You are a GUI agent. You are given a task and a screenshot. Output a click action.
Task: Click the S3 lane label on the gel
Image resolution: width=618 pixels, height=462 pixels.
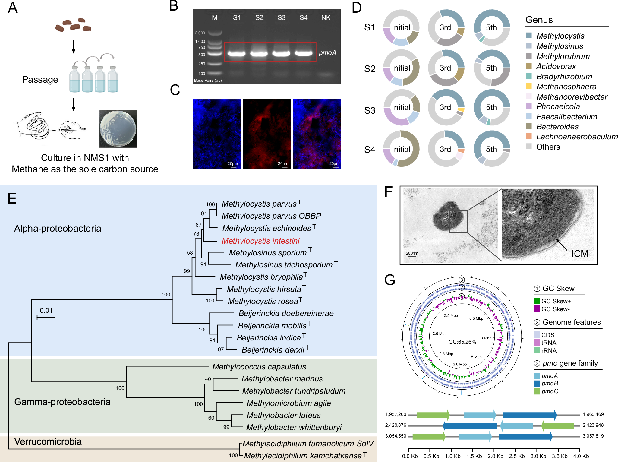tap(281, 18)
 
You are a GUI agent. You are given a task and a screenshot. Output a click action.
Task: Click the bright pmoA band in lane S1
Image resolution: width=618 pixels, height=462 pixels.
tap(237, 54)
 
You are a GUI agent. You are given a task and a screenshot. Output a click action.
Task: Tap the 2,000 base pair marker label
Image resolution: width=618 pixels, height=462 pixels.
tap(200, 33)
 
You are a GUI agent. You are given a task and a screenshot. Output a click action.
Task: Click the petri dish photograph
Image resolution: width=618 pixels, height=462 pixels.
tap(118, 129)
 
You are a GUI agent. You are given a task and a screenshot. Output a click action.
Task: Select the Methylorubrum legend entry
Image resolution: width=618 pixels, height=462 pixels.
tap(563, 56)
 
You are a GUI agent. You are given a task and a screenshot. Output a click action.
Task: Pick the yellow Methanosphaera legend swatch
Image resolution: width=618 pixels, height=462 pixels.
tap(529, 86)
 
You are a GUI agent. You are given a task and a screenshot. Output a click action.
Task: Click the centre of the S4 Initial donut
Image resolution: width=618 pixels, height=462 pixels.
tap(401, 149)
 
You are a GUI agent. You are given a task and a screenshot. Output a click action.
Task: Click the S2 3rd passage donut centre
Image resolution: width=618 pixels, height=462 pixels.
tap(446, 68)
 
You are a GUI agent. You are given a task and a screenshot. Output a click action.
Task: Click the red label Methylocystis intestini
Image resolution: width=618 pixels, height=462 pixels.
tap(260, 241)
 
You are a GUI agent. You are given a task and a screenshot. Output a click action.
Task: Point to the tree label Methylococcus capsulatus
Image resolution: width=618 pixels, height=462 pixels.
tap(259, 367)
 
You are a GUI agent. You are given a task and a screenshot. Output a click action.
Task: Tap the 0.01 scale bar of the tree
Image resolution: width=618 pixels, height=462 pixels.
tap(46, 317)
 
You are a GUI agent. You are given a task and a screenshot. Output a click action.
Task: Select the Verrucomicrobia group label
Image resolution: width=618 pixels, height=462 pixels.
tap(48, 441)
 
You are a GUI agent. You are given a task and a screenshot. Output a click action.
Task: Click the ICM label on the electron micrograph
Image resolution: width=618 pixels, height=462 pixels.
tap(579, 254)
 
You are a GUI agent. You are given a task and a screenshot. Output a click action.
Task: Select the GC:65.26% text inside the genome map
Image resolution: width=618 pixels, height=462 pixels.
tap(462, 342)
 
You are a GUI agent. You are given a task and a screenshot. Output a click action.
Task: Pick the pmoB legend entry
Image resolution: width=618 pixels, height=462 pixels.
tap(549, 383)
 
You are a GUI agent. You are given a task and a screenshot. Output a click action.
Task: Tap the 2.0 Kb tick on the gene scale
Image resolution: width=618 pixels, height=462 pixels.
tap(495, 456)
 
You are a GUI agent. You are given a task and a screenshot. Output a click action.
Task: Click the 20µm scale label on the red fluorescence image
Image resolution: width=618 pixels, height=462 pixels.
tap(283, 164)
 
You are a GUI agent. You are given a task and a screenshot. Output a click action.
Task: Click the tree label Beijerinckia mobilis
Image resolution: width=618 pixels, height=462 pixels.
tap(272, 326)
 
